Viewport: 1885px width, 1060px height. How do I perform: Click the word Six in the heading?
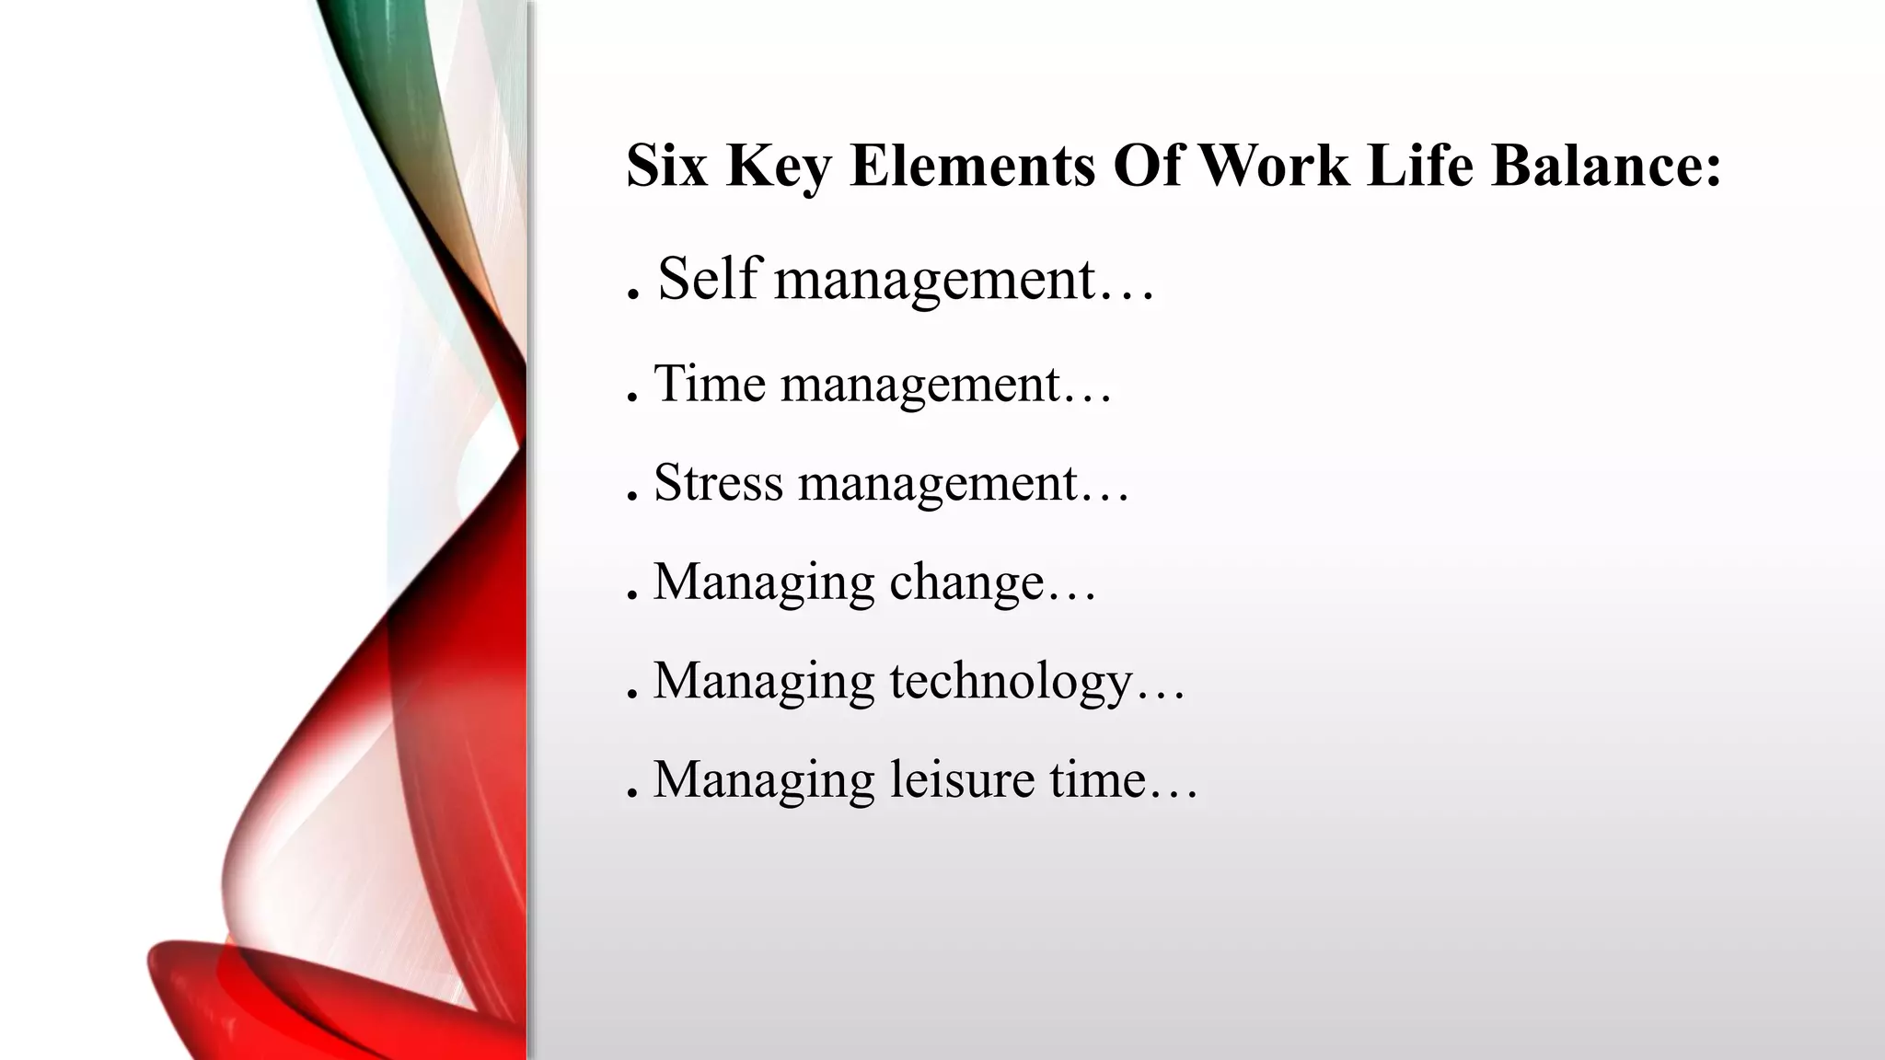point(666,166)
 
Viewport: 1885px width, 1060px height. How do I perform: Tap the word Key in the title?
point(778,166)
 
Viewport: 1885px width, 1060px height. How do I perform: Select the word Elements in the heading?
point(972,166)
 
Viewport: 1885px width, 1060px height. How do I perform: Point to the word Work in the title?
point(1273,166)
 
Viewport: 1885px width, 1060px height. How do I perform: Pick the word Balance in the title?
point(1595,166)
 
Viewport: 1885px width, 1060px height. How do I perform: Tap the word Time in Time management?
point(710,383)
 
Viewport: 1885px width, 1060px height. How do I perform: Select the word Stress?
point(718,482)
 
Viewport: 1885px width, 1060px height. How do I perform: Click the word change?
point(966,583)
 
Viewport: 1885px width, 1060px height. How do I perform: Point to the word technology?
point(1011,682)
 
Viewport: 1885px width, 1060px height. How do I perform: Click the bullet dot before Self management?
point(632,296)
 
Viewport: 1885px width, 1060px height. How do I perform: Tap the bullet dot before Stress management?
point(632,500)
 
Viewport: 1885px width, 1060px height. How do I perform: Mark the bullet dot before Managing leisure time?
point(632,797)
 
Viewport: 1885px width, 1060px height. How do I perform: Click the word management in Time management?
point(921,385)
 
